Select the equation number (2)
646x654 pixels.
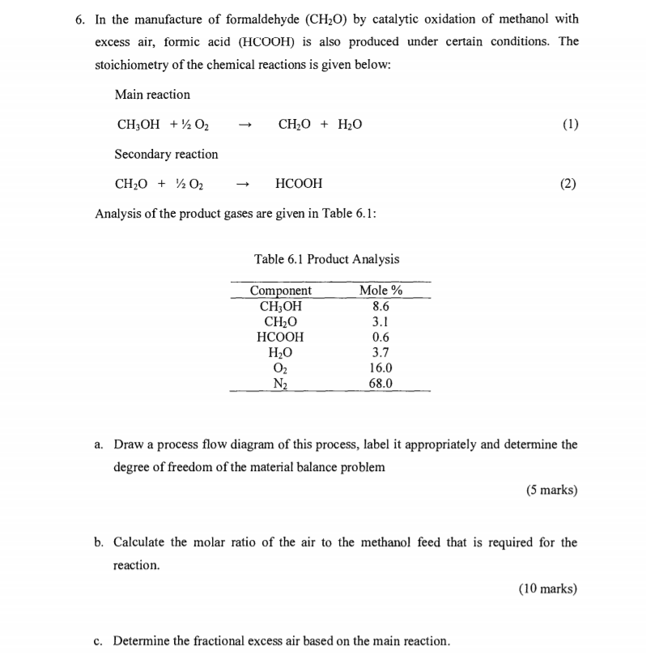(568, 184)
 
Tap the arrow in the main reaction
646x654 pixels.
(248, 125)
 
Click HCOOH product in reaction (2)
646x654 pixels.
(299, 184)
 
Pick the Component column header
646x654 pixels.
(280, 291)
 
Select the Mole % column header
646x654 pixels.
(380, 291)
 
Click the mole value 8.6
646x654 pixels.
(380, 306)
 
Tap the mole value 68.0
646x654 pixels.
(380, 383)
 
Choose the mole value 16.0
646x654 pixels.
(380, 367)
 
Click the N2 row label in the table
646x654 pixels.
(280, 383)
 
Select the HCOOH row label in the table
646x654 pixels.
(280, 337)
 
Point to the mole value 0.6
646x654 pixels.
(380, 337)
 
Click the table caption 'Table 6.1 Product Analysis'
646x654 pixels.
(326, 259)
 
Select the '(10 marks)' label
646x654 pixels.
(548, 588)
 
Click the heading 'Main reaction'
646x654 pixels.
(152, 95)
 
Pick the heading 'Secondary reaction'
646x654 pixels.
(166, 154)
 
